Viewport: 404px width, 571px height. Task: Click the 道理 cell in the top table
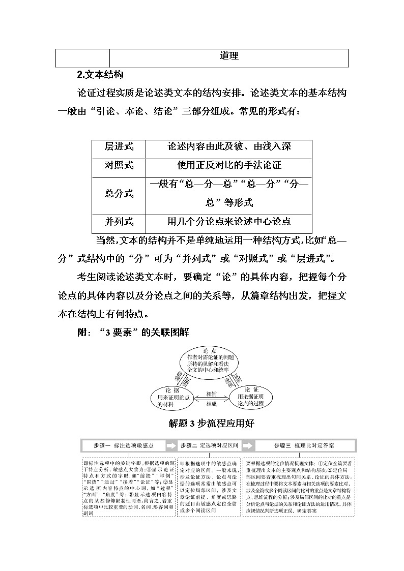pos(229,57)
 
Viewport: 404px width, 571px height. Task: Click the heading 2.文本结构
pos(100,74)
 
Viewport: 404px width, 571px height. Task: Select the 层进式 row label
pos(119,146)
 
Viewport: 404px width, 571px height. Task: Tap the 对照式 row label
pos(119,165)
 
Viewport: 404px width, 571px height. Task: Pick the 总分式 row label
pos(119,193)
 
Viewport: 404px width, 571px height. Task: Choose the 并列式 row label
pos(119,222)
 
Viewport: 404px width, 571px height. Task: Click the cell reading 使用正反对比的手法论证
pos(229,165)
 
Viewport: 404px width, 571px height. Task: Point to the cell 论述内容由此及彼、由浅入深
pos(229,146)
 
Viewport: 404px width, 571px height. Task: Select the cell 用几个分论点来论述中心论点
pos(229,222)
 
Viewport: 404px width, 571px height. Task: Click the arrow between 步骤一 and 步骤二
pos(171,445)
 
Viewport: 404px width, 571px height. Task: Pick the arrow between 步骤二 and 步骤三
pos(247,445)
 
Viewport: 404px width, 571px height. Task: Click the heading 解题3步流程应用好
pos(211,423)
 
